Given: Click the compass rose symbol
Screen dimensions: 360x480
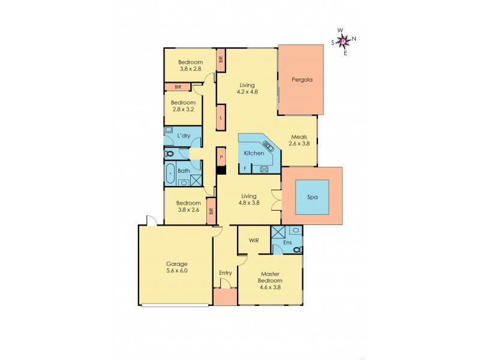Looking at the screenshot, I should (343, 41).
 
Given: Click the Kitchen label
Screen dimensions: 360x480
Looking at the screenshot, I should (254, 154).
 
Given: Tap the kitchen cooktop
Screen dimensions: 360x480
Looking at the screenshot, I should (263, 169).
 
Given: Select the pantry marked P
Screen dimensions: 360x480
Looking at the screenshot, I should (221, 157).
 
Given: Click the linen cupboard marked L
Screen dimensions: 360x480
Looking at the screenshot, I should (221, 118).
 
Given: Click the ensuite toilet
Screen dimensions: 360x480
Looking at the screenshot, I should (296, 249).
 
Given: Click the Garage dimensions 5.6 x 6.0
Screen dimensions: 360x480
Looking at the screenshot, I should (177, 271).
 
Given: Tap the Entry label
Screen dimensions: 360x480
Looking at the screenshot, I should (225, 273).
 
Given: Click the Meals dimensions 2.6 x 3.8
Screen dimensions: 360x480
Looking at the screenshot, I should (299, 144).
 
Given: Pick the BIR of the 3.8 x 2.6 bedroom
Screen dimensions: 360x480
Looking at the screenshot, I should (211, 211).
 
